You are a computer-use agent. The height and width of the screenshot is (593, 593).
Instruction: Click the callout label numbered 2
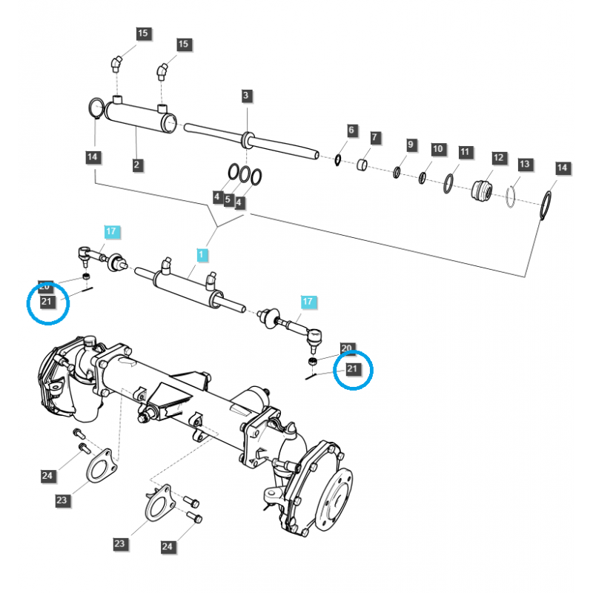137,165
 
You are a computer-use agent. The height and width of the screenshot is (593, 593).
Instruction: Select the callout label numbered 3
247,96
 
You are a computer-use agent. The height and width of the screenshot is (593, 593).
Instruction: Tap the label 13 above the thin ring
525,164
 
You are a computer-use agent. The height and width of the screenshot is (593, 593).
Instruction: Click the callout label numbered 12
498,158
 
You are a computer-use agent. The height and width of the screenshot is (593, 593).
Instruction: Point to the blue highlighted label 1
201,255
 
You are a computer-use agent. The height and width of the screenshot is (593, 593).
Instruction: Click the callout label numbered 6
352,131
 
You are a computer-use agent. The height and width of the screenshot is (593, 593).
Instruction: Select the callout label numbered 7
375,138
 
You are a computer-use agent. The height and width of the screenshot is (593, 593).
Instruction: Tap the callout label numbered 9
411,145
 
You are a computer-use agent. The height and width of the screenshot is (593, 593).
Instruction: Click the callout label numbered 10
437,149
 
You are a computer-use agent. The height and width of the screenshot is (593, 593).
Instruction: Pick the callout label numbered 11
465,152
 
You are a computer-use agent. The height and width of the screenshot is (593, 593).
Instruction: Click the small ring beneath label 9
397,173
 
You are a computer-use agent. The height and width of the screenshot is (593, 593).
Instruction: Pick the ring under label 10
423,178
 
